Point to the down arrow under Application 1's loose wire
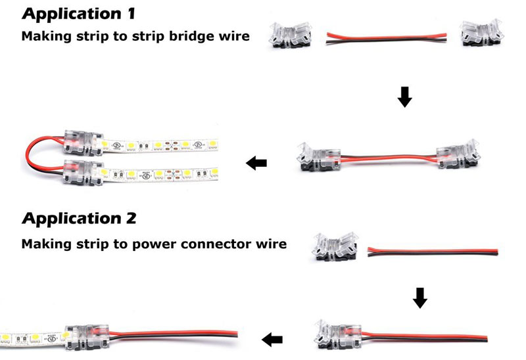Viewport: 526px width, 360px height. pyautogui.click(x=405, y=98)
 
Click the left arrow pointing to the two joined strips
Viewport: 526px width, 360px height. pyautogui.click(x=256, y=162)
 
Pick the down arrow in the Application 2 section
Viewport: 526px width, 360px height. pyautogui.click(x=420, y=299)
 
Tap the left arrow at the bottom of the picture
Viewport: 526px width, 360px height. pyautogui.click(x=272, y=339)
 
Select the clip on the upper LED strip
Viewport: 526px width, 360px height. pyautogui.click(x=82, y=141)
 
